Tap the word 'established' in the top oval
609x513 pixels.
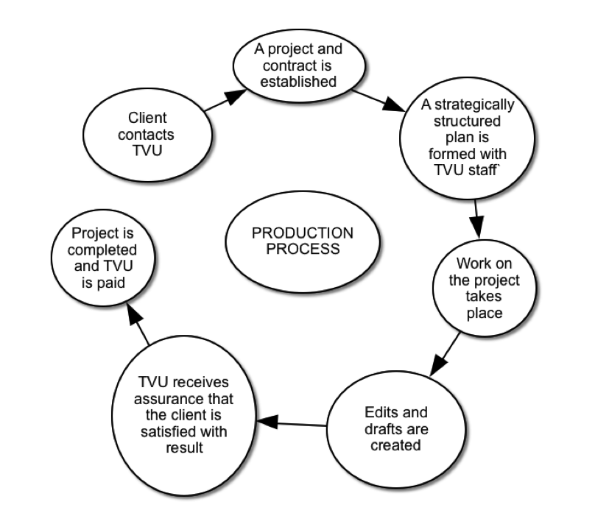click(x=298, y=81)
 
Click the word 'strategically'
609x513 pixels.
click(x=468, y=105)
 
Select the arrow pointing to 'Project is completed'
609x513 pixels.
click(x=139, y=325)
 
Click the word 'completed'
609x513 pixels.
click(x=107, y=250)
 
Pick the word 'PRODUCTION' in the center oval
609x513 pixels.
click(x=303, y=233)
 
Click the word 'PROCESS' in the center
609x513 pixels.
click(x=303, y=249)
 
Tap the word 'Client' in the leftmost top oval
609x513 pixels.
click(x=147, y=118)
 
